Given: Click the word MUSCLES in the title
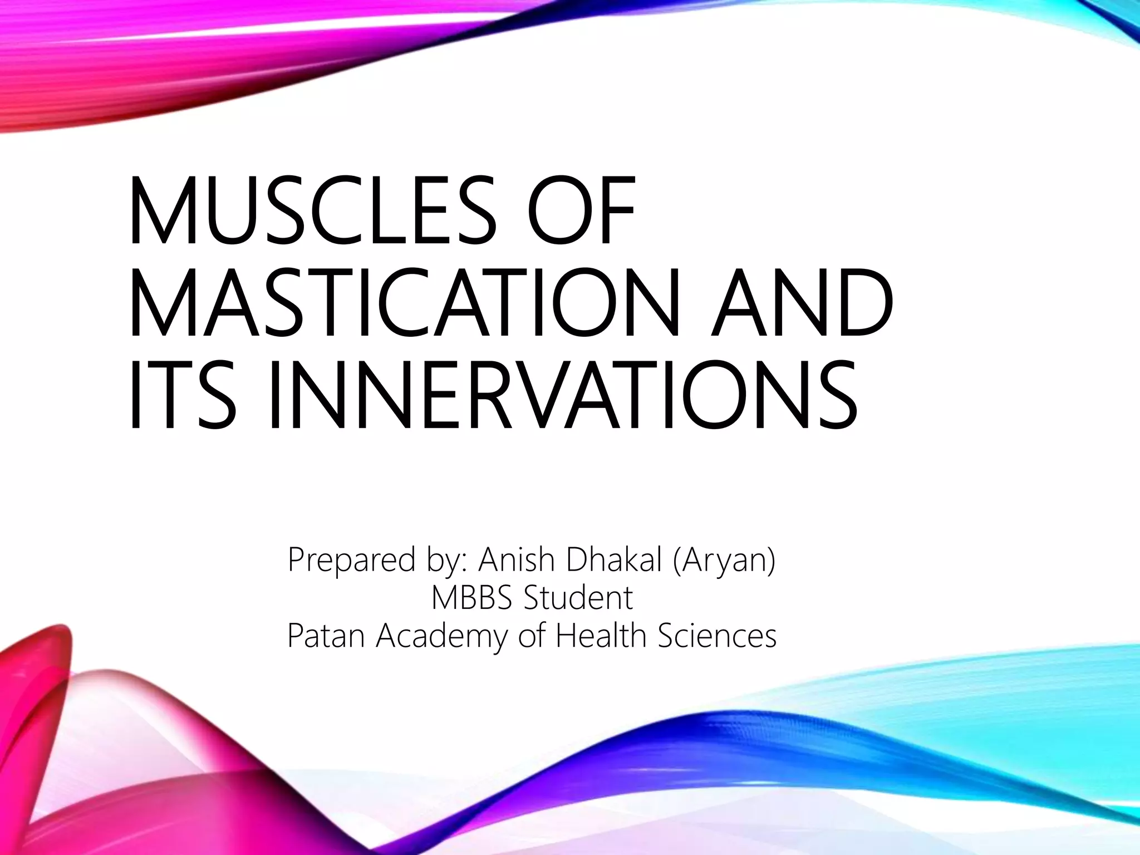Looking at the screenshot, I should pos(312,210).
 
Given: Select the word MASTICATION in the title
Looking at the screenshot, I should pos(404,303).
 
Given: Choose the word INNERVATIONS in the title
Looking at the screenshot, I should pos(562,396).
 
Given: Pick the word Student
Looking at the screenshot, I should pos(578,597).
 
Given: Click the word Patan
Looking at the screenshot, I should pos(326,635).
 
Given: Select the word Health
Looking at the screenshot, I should pos(602,635).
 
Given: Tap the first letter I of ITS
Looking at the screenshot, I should pos(134,396).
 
